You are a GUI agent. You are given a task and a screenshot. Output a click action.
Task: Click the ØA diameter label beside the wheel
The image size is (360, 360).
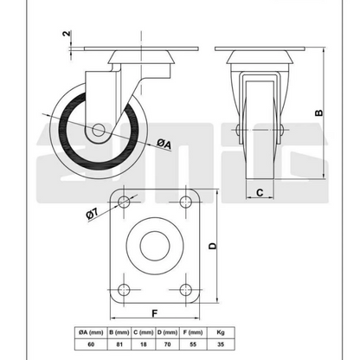pyautogui.click(x=164, y=144)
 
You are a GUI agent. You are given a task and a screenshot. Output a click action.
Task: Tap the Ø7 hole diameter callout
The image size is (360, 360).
pyautogui.click(x=93, y=215)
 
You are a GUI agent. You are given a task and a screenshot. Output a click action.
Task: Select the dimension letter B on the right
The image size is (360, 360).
pyautogui.click(x=318, y=112)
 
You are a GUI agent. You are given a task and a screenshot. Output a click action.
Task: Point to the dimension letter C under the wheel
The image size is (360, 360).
pyautogui.click(x=260, y=192)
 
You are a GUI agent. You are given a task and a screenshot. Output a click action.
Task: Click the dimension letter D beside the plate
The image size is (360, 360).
pyautogui.click(x=213, y=246)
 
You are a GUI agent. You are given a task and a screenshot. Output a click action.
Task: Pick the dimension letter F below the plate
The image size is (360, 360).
pyautogui.click(x=155, y=313)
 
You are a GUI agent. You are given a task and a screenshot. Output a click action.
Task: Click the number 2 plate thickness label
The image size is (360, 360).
pyautogui.click(x=67, y=34)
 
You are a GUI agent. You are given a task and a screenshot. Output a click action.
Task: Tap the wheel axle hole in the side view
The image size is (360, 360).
pyautogui.click(x=98, y=130)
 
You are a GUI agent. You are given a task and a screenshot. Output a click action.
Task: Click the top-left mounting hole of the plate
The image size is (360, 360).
pyautogui.click(x=124, y=202)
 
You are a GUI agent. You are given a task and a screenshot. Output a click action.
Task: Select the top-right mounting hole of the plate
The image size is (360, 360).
pyautogui.click(x=186, y=202)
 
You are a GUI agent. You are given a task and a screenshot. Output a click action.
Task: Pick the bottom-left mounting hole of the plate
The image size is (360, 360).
pyautogui.click(x=124, y=290)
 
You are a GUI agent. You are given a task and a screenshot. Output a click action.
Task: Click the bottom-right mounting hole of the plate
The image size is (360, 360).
pyautogui.click(x=186, y=290)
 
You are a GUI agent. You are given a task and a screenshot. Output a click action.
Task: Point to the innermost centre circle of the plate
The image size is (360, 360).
pyautogui.click(x=155, y=246)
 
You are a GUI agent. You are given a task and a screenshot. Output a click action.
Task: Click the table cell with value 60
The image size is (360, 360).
pyautogui.click(x=91, y=344)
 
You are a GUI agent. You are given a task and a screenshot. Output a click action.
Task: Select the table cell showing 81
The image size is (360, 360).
pyautogui.click(x=119, y=344)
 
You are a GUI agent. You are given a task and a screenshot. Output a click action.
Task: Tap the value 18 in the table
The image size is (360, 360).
pyautogui.click(x=144, y=344)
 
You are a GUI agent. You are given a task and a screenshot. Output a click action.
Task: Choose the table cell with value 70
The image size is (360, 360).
pyautogui.click(x=167, y=344)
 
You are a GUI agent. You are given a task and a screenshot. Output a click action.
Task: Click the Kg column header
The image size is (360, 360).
pyautogui.click(x=221, y=332)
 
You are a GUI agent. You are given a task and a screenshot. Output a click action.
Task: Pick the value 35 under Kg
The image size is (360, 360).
pyautogui.click(x=221, y=344)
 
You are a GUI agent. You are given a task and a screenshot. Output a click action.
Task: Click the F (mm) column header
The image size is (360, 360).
pyautogui.click(x=193, y=332)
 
